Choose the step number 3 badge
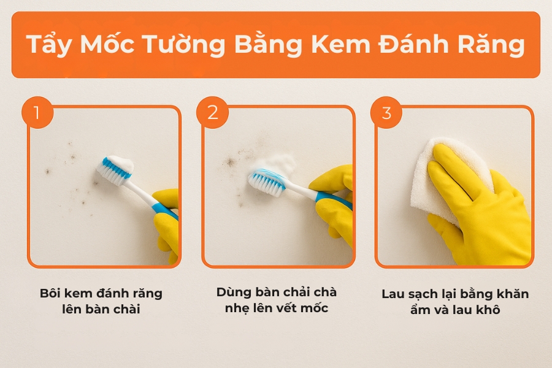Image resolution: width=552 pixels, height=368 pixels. coord(386,113)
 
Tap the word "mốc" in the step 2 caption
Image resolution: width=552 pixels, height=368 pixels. coord(315,308)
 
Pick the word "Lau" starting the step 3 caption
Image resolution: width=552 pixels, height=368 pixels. coord(393,294)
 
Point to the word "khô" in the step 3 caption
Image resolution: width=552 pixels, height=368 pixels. coord(488,310)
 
